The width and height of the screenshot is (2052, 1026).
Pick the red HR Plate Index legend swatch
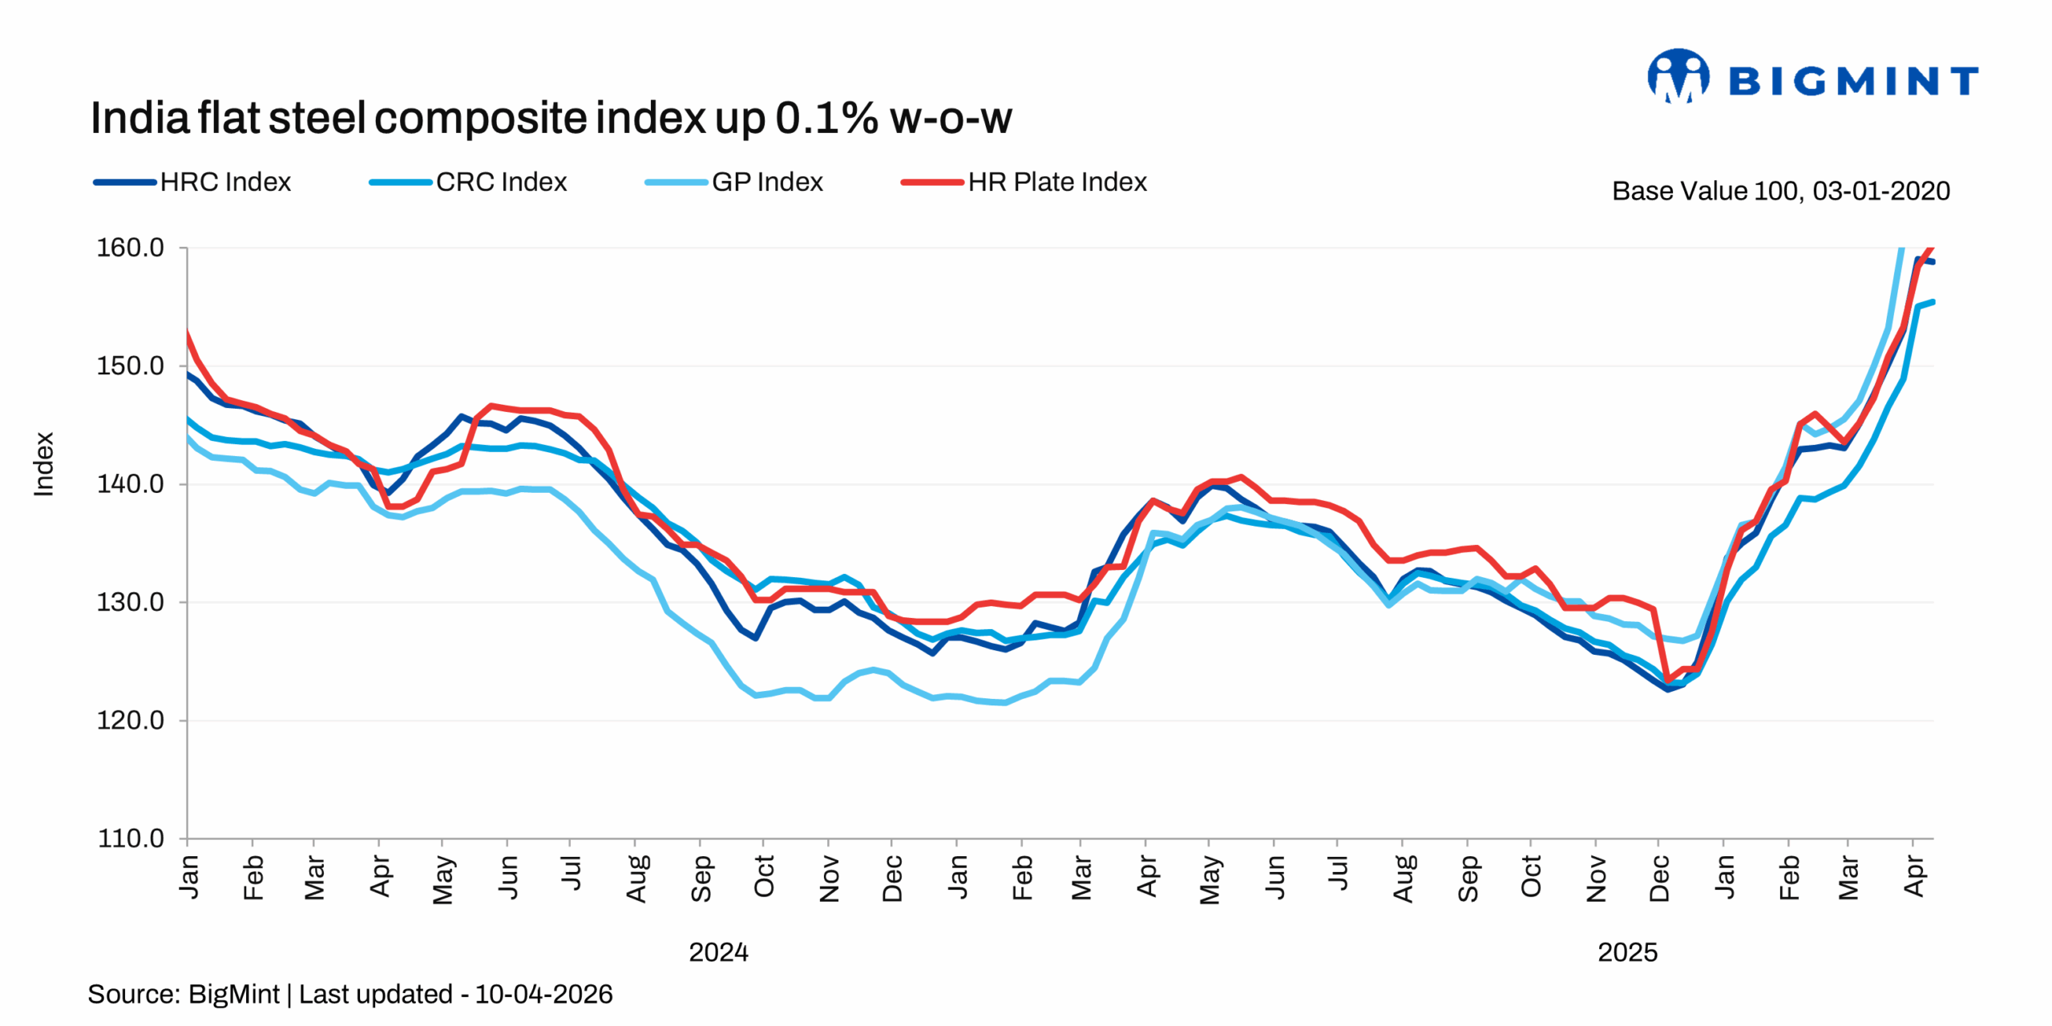click(x=931, y=182)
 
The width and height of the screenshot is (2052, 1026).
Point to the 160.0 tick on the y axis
click(x=131, y=248)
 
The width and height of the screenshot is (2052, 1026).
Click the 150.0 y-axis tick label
click(x=131, y=366)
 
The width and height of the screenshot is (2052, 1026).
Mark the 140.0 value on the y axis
click(x=131, y=484)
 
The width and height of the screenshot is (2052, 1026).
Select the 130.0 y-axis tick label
click(x=131, y=602)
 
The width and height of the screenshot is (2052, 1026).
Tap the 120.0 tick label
click(x=131, y=721)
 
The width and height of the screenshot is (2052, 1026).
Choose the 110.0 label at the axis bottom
click(x=131, y=838)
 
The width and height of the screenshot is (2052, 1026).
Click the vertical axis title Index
click(x=43, y=464)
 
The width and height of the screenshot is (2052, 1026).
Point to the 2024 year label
click(x=718, y=952)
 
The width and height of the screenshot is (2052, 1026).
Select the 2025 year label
click(x=1627, y=952)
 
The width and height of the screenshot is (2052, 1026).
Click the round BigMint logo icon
click(x=1678, y=77)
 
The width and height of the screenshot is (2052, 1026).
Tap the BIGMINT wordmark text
click(x=1853, y=82)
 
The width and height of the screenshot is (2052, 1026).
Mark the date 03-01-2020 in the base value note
click(x=1880, y=192)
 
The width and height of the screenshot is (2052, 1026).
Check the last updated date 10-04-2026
click(x=543, y=995)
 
